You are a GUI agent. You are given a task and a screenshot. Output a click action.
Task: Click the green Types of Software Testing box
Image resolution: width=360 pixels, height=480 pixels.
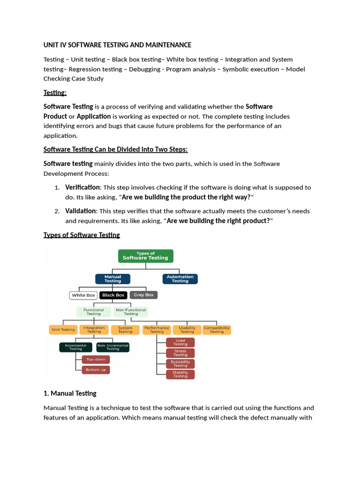click(x=145, y=255)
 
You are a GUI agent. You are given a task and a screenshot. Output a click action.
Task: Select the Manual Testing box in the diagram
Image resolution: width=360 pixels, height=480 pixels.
click(x=112, y=279)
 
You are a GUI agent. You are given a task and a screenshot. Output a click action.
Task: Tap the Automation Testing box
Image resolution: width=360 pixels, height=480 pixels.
click(x=180, y=279)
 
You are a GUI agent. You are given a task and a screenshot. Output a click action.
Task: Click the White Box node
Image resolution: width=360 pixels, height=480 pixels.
click(x=83, y=295)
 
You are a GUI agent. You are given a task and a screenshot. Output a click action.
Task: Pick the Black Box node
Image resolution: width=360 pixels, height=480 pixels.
click(x=113, y=295)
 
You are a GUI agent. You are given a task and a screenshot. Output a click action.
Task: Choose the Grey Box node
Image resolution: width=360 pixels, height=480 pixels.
click(x=143, y=295)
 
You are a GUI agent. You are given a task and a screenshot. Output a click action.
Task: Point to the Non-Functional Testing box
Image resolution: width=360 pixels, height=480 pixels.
click(x=131, y=312)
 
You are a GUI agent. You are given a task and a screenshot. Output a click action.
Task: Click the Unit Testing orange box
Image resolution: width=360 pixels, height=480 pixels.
click(x=63, y=330)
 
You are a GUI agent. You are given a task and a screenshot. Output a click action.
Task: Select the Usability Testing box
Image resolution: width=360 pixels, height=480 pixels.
click(x=187, y=330)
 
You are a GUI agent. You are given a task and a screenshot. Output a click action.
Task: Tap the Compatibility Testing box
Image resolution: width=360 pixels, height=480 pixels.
click(x=217, y=330)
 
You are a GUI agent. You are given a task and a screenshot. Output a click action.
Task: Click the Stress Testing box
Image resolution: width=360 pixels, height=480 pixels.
click(x=180, y=353)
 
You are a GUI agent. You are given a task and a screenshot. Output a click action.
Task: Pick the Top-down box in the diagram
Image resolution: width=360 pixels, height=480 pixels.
click(x=96, y=360)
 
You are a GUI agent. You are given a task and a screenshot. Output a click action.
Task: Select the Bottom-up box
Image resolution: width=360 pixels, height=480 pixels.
click(x=96, y=370)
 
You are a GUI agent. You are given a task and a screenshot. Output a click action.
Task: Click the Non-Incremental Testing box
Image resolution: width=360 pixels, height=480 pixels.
click(x=112, y=347)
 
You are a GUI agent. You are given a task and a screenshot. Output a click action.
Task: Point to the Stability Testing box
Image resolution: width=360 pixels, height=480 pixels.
click(x=180, y=374)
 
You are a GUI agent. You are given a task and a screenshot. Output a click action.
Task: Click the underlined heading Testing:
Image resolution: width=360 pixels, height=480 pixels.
click(x=55, y=92)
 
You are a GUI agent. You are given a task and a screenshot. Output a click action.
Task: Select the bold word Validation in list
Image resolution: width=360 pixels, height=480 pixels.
click(x=80, y=211)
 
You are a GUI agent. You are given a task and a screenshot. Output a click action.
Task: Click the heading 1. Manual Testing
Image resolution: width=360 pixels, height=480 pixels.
click(x=70, y=393)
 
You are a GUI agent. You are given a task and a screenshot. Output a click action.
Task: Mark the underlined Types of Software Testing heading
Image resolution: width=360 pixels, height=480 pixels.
click(x=82, y=235)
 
